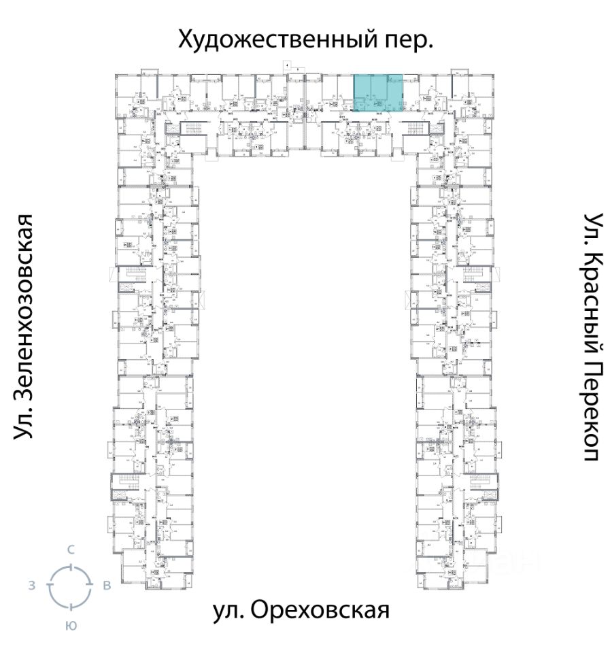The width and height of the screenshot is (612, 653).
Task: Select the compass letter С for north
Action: coord(70,550)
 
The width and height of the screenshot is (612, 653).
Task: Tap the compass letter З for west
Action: coord(32,586)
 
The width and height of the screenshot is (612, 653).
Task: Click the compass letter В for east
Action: coord(106,586)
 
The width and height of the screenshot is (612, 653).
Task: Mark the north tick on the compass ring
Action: coord(70,565)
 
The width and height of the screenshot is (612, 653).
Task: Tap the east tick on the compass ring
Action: coord(90,586)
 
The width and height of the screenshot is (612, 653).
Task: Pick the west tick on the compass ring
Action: coord(49,586)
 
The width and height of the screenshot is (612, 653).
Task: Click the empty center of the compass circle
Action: coord(70,586)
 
